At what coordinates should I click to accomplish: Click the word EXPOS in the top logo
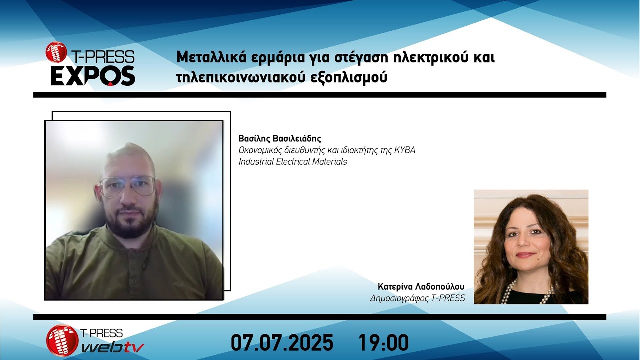pyautogui.click(x=93, y=76)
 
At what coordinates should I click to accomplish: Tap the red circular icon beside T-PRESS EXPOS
pyautogui.click(x=56, y=52)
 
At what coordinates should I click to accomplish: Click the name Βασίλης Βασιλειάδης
pyautogui.click(x=280, y=138)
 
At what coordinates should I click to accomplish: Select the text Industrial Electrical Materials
pyautogui.click(x=293, y=162)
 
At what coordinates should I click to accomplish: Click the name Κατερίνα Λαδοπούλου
pyautogui.click(x=421, y=287)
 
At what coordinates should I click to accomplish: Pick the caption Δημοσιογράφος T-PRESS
pyautogui.click(x=417, y=298)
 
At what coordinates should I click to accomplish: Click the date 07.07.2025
pyautogui.click(x=282, y=343)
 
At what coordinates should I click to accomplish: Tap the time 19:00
pyautogui.click(x=383, y=343)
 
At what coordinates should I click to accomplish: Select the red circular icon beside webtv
pyautogui.click(x=62, y=340)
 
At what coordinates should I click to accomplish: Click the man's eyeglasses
pyautogui.click(x=127, y=186)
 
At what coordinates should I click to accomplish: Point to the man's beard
pyautogui.click(x=131, y=222)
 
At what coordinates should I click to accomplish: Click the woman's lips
pyautogui.click(x=525, y=255)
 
